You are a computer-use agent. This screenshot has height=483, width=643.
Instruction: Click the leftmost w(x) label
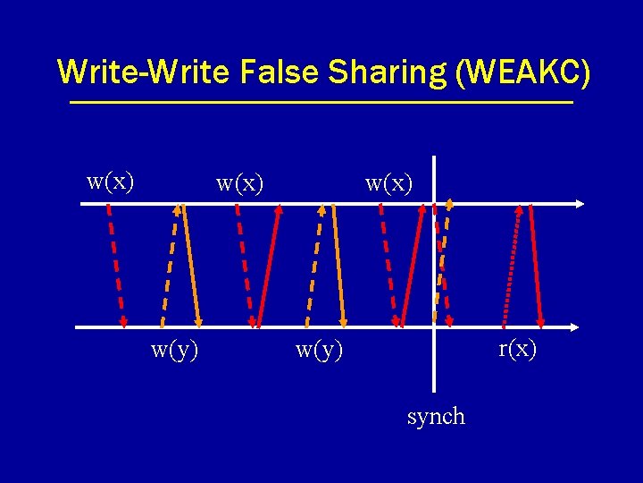(111, 182)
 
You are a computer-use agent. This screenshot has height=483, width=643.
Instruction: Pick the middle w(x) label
(240, 183)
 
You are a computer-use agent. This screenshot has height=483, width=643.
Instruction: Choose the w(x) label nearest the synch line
(389, 183)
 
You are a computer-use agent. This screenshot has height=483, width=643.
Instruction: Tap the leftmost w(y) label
(175, 350)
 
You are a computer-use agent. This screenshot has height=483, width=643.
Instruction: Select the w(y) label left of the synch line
(320, 350)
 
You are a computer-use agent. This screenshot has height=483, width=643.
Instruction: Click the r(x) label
(518, 349)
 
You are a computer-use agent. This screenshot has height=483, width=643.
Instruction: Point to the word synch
(436, 416)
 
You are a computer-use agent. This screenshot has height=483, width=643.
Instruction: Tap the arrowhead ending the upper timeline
(580, 204)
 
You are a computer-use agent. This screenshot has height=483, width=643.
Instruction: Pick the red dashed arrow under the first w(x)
(115, 264)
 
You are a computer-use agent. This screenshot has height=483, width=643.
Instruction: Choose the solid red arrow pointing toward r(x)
(537, 264)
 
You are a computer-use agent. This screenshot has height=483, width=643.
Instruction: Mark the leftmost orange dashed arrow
(169, 264)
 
